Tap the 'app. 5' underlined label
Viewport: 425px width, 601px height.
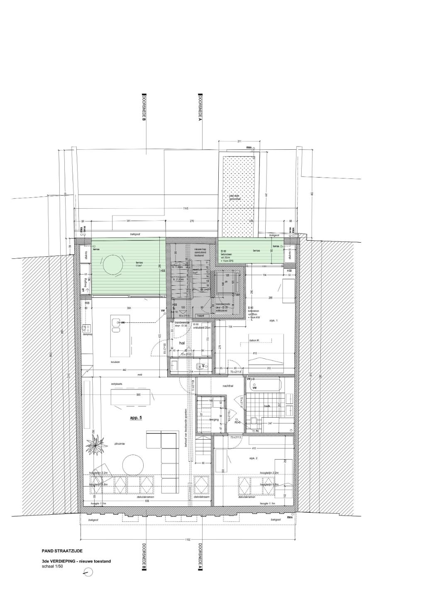pos(136,418)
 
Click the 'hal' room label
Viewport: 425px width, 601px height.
pos(182,344)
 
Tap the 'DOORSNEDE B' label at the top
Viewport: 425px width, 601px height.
pos(144,108)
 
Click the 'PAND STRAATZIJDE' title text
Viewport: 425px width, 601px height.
pos(62,551)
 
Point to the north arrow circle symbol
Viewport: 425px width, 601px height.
pos(88,572)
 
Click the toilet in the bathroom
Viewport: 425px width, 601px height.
pos(256,423)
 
